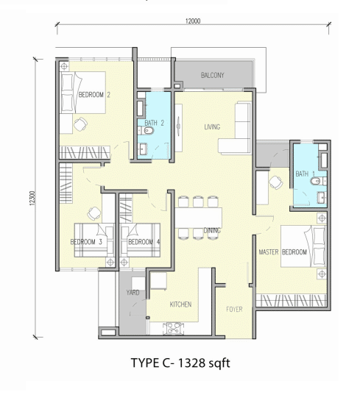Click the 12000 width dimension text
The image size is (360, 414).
click(193, 21)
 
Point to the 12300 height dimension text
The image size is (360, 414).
click(32, 198)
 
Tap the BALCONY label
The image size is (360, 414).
click(213, 75)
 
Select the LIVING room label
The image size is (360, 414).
click(212, 127)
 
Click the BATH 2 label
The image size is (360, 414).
click(155, 123)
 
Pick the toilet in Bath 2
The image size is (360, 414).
click(147, 130)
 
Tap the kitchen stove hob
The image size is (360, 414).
click(173, 329)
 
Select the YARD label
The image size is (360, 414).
click(133, 292)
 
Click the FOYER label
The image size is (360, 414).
click(234, 309)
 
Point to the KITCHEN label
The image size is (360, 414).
click(180, 304)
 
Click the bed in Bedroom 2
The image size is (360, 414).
click(82, 93)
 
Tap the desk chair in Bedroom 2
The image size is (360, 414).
click(80, 124)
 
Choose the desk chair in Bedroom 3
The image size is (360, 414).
click(94, 213)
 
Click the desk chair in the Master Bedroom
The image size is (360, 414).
click(275, 182)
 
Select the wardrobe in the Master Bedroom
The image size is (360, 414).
click(292, 301)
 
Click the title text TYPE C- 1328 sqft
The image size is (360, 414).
click(180, 363)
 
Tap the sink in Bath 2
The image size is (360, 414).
click(143, 149)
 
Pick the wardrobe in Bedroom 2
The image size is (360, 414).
click(85, 152)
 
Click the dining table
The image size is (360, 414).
click(198, 218)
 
